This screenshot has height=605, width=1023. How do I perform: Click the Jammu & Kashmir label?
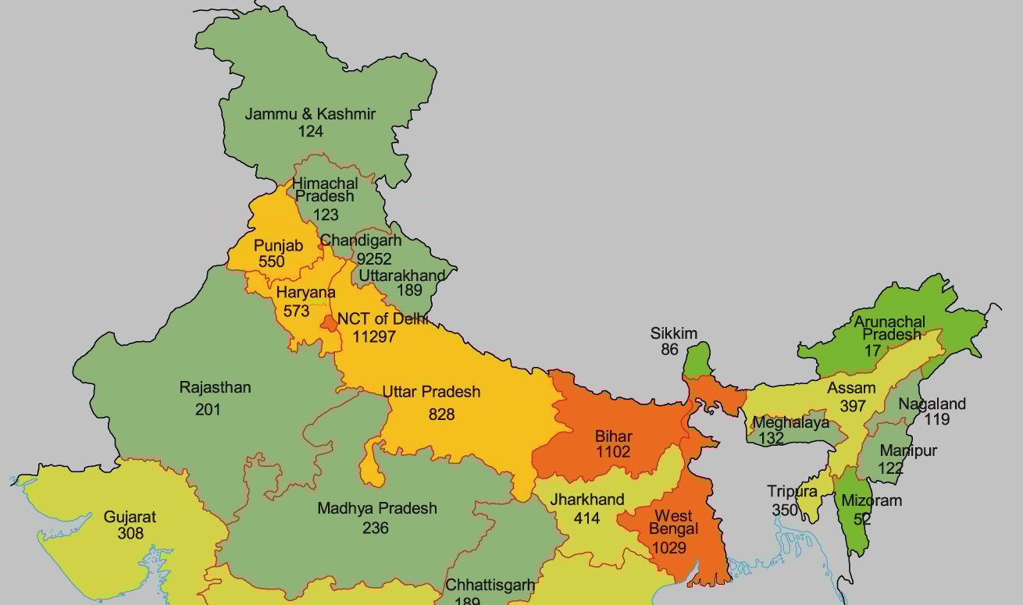(x=310, y=114)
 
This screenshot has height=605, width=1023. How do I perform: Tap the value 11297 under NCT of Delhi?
(x=374, y=336)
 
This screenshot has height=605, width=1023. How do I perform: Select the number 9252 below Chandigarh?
(x=373, y=258)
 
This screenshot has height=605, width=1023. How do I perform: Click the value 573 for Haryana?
(x=297, y=311)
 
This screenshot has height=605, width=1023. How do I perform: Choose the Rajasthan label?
(x=215, y=387)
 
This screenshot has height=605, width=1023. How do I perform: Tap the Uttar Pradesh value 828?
(x=441, y=414)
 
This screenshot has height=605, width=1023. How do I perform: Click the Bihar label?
(x=613, y=436)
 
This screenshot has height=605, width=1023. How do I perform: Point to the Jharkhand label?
(x=587, y=500)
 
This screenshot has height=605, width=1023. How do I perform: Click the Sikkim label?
(x=673, y=334)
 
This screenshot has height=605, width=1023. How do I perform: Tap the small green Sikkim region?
(x=696, y=359)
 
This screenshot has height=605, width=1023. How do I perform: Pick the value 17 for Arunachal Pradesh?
(x=872, y=351)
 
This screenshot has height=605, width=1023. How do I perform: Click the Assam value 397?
(x=853, y=406)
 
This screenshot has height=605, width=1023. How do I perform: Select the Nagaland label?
(x=932, y=404)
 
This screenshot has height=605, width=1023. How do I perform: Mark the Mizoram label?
(x=872, y=500)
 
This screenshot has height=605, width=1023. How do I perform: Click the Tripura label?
(x=792, y=492)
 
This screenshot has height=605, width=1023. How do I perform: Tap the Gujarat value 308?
(x=130, y=534)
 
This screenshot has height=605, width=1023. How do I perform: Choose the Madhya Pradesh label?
(x=376, y=508)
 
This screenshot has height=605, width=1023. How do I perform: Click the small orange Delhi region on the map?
(x=331, y=322)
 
